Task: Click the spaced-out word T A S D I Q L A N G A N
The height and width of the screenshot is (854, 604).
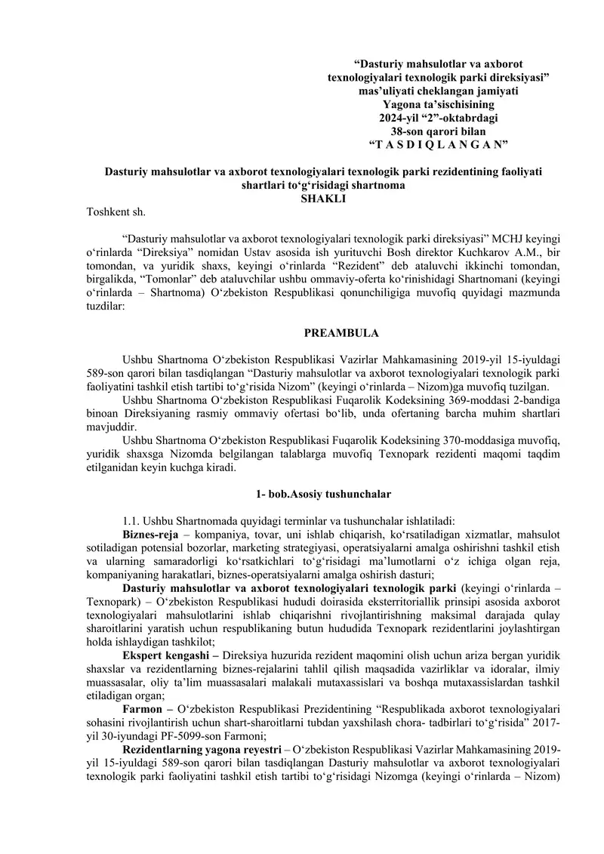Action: pyautogui.click(x=438, y=144)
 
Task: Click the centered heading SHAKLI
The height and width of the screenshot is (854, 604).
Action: pyautogui.click(x=323, y=199)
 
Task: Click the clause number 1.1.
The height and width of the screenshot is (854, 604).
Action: pyautogui.click(x=133, y=520)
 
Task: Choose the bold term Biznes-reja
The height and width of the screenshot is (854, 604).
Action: pyautogui.click(x=150, y=533)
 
